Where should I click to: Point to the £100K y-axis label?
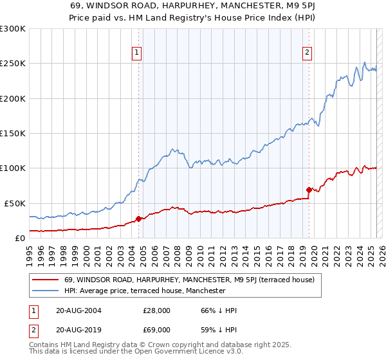click(13, 168)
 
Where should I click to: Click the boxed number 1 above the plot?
click(138, 53)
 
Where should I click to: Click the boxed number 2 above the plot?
click(308, 53)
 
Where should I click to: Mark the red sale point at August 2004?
click(138, 219)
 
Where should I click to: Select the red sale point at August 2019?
click(309, 190)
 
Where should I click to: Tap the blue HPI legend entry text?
click(145, 291)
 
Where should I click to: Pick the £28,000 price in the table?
click(156, 310)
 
